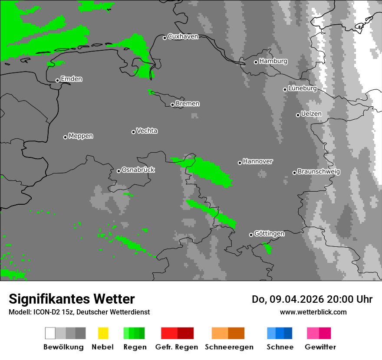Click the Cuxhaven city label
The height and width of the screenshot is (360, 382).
coord(183,36)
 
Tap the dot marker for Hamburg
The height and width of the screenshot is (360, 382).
coord(256,62)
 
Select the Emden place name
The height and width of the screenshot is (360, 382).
coord(71,79)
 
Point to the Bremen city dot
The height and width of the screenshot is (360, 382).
coord(172,105)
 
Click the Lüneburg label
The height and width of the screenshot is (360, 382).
coord(302,88)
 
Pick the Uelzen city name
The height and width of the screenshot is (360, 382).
coord(311,114)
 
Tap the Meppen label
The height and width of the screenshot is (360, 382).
coord(81,136)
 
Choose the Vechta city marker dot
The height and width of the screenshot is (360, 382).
coord(133,132)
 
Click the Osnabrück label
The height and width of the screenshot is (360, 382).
coord(138,170)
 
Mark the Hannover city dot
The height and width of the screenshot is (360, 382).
coord(240,163)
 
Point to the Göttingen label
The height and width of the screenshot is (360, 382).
coord(269,234)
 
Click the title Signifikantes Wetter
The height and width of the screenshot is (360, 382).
coord(72,299)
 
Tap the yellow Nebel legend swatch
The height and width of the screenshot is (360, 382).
coord(103,333)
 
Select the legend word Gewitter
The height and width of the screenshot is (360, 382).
coord(320,347)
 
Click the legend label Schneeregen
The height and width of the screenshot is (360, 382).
coord(229,347)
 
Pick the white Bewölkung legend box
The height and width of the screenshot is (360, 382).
coord(50,333)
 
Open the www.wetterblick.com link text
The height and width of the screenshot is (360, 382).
coord(313,312)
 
